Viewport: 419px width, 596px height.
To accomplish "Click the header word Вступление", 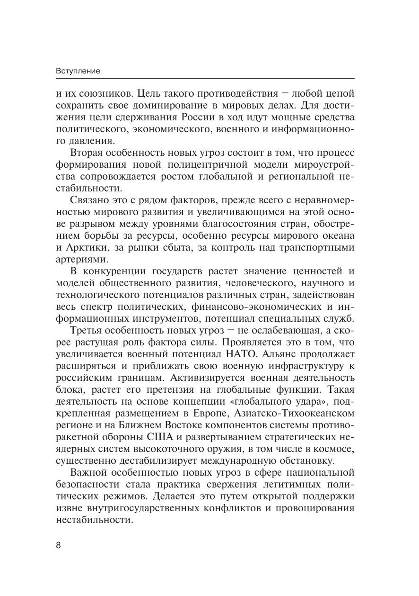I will [78, 71].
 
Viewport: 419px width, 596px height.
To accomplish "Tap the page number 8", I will [59, 545].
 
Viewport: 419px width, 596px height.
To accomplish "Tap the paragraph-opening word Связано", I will [90, 200].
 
